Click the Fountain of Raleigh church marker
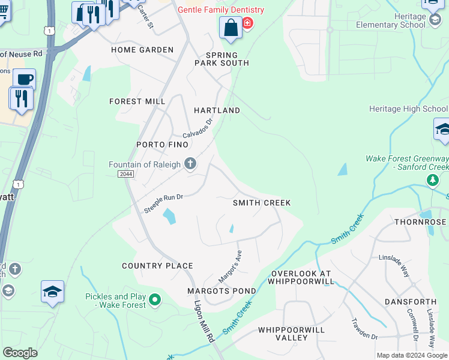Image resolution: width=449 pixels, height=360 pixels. click(191, 164)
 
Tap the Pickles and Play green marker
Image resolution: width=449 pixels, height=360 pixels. click(155, 299)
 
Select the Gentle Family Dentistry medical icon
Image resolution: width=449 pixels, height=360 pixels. click(247, 23)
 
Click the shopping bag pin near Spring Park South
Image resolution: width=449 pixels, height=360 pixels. click(231, 28)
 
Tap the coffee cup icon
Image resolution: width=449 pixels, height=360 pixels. click(25, 79)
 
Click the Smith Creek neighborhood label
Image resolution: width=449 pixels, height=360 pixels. click(262, 203)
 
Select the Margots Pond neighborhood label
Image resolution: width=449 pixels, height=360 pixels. click(221, 291)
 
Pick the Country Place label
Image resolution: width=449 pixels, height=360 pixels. click(157, 266)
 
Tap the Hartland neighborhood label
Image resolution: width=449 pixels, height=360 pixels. click(217, 110)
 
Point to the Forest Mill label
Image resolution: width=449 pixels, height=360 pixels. click(137, 101)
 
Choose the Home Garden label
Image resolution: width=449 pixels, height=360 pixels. click(142, 50)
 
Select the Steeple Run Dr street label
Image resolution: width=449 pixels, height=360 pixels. click(163, 202)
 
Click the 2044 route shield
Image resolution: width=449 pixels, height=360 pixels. click(125, 173)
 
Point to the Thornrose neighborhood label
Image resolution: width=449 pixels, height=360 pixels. click(420, 222)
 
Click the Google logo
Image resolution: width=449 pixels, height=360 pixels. click(20, 353)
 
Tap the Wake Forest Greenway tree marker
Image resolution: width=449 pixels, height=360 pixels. click(432, 179)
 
